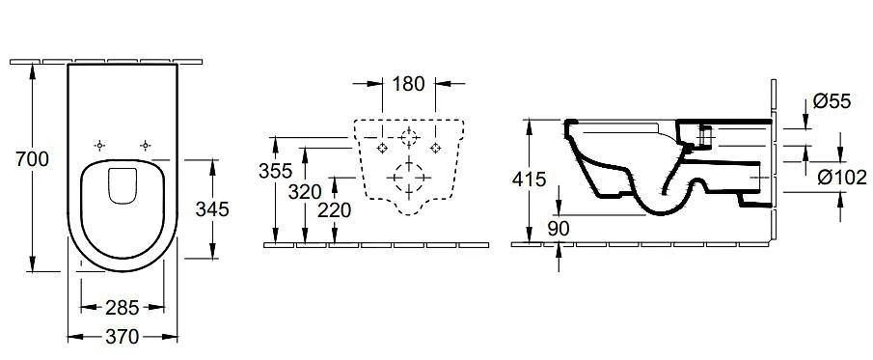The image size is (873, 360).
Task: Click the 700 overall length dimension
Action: click(x=19, y=160)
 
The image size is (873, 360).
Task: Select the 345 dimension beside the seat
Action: click(x=212, y=208)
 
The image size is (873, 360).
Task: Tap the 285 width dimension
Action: click(x=122, y=308)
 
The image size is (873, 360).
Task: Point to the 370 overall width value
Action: click(x=122, y=337)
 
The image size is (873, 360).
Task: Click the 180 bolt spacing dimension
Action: click(x=408, y=84)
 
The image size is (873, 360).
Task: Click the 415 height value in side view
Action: click(x=529, y=180)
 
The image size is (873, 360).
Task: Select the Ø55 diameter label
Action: click(x=832, y=100)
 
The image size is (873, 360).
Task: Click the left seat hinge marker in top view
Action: click(x=97, y=145)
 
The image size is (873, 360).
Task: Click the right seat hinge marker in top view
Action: click(x=145, y=145)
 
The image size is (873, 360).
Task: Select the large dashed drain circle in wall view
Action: click(x=409, y=179)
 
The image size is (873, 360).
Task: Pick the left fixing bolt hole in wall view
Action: click(x=382, y=148)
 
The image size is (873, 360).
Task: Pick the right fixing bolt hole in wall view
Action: click(x=436, y=148)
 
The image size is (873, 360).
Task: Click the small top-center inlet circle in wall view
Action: click(x=409, y=134)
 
